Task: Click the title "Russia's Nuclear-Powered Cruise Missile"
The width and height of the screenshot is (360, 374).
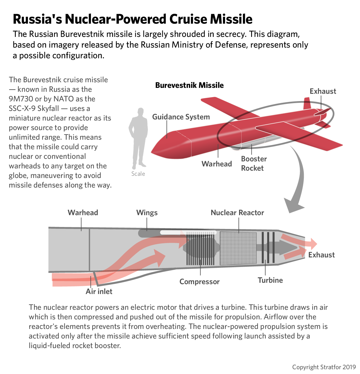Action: tap(132, 19)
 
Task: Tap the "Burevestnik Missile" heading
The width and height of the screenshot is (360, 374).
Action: tap(189, 85)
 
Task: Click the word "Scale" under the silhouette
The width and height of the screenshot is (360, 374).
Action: tap(138, 174)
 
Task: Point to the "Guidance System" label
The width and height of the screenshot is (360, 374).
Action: tap(181, 117)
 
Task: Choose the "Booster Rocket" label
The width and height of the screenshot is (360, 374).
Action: tap(254, 163)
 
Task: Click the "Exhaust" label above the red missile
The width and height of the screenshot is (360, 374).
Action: tap(323, 91)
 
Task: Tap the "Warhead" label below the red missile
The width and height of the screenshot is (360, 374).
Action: tap(217, 164)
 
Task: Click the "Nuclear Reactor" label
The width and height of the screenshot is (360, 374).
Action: tap(237, 213)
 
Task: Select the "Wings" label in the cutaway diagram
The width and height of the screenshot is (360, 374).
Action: tap(147, 213)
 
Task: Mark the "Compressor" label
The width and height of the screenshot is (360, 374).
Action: tap(199, 282)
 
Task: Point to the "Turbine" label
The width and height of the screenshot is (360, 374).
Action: tap(270, 280)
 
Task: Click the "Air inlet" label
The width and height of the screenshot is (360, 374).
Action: tap(99, 291)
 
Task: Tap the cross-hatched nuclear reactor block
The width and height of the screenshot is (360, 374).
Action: tap(238, 248)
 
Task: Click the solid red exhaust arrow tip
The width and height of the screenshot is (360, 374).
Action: tap(312, 244)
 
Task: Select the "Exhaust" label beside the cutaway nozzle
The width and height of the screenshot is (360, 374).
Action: tap(321, 255)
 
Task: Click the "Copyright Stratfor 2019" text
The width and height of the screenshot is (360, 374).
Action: tap(324, 367)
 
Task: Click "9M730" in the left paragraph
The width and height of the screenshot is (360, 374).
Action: tap(21, 99)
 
